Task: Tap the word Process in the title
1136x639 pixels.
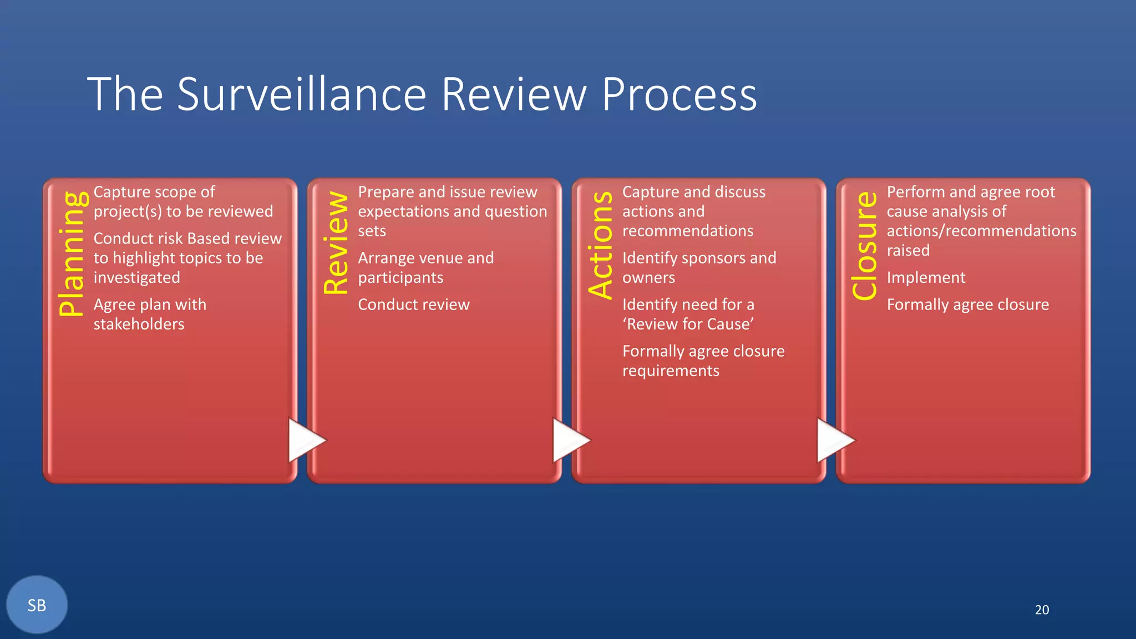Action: pos(679,94)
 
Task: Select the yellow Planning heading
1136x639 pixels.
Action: pos(72,254)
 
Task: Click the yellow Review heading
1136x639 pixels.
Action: pos(336,242)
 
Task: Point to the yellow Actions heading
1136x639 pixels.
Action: pos(601,245)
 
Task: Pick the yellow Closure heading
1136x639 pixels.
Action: pos(865,246)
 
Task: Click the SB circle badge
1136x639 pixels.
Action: pos(37,605)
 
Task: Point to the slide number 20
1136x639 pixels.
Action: pos(1042,610)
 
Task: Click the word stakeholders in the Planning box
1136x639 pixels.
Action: pos(139,324)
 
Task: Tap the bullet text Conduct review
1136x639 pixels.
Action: pos(413,305)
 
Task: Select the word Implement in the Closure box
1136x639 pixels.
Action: pos(926,277)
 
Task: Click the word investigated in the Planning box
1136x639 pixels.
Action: pos(136,277)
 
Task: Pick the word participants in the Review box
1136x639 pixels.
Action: pos(400,277)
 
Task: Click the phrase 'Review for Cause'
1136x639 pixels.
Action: pos(688,324)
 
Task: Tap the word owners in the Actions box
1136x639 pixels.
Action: pos(648,277)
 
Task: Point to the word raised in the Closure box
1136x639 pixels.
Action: pos(907,250)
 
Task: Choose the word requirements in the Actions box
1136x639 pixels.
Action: pos(671,371)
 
